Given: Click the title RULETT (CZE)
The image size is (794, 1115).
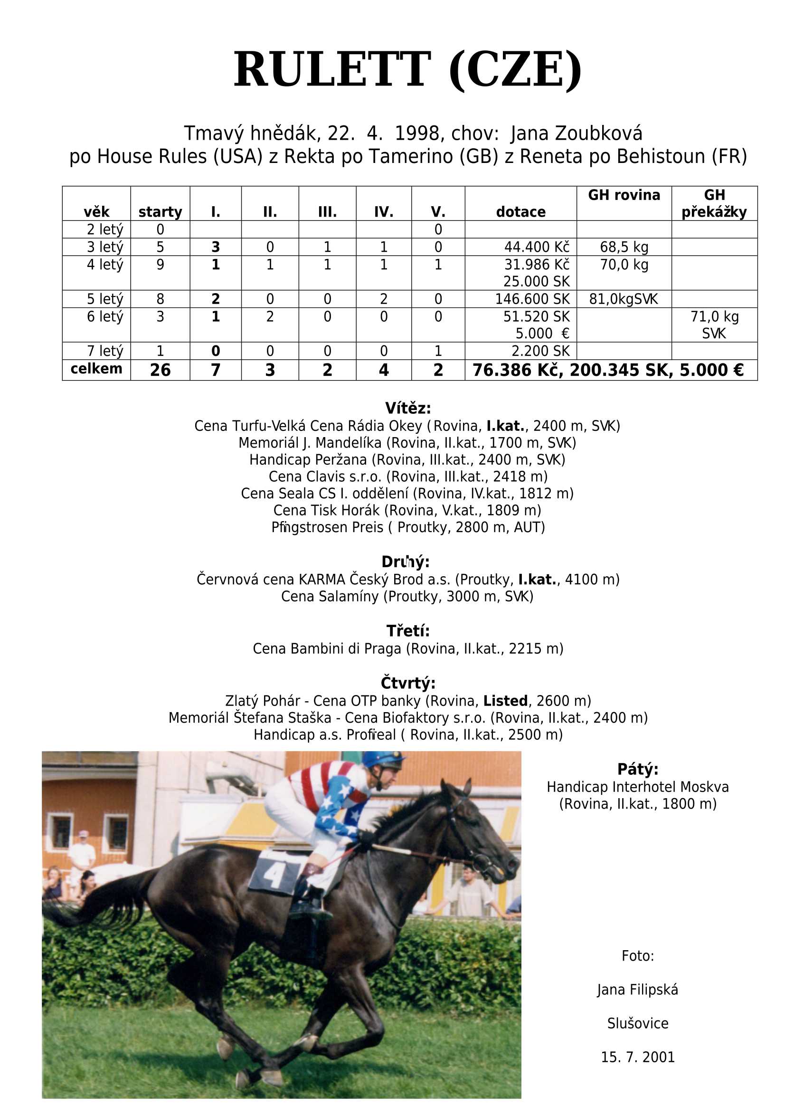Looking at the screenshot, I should pyautogui.click(x=407, y=69).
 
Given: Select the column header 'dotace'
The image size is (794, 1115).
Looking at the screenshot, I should pyautogui.click(x=520, y=212).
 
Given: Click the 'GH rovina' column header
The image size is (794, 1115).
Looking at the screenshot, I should pyautogui.click(x=624, y=195).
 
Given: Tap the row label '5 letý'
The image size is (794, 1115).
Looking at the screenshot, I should pyautogui.click(x=104, y=299).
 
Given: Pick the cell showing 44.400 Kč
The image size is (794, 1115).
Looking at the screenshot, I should pyautogui.click(x=536, y=247).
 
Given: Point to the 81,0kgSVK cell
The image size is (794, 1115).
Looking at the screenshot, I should pyautogui.click(x=624, y=299).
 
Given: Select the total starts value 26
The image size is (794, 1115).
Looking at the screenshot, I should pyautogui.click(x=160, y=370).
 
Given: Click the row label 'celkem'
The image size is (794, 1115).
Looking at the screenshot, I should pyautogui.click(x=96, y=369).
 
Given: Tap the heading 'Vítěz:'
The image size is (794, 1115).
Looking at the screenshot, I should pyautogui.click(x=408, y=408).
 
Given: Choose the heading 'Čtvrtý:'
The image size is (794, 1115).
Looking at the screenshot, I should pyautogui.click(x=408, y=683).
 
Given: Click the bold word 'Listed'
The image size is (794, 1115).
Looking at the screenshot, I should pyautogui.click(x=506, y=701).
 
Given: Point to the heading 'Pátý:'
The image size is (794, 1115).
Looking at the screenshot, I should pyautogui.click(x=638, y=769).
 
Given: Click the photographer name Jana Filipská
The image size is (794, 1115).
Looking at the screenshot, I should pyautogui.click(x=638, y=990).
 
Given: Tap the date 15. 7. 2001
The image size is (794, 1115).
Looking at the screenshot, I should pyautogui.click(x=638, y=1058).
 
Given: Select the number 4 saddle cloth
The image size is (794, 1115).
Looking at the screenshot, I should pyautogui.click(x=275, y=872).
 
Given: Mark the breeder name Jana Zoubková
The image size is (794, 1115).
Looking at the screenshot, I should pyautogui.click(x=577, y=133).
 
